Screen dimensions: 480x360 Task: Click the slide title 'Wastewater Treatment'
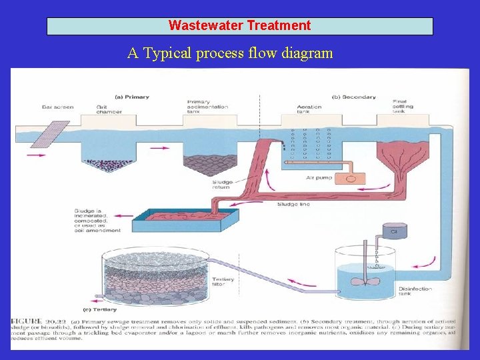239,26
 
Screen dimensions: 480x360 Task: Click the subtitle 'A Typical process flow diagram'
230,53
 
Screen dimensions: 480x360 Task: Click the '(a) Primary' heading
131,97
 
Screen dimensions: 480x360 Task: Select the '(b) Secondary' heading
354,97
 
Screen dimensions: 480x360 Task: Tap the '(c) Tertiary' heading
100,309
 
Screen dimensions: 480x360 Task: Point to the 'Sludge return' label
221,185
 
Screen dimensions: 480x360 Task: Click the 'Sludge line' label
293,204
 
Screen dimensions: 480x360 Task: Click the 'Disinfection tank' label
415,292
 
